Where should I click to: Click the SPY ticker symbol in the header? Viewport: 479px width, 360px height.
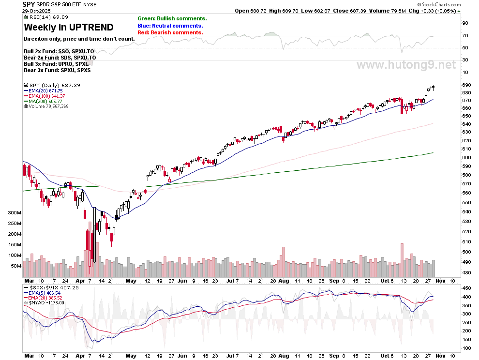click(x=28, y=4)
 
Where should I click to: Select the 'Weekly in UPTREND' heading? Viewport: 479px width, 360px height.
click(x=69, y=27)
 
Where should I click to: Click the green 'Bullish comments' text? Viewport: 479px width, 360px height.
click(x=172, y=18)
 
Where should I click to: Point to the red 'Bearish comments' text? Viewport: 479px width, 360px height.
click(x=170, y=32)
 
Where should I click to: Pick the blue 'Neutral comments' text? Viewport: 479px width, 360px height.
click(x=170, y=26)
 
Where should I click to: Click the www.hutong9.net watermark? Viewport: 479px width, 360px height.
click(x=406, y=65)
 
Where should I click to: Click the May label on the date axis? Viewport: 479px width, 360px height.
click(x=131, y=281)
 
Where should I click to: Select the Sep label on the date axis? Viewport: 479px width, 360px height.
click(x=334, y=281)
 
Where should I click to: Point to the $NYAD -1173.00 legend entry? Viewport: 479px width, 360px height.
click(x=46, y=303)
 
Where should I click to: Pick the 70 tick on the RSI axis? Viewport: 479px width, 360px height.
click(x=465, y=36)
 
